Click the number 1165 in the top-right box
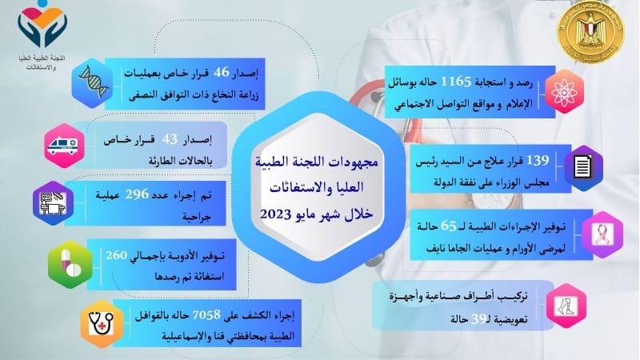pyautogui.click(x=455, y=82)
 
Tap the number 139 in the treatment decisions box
pyautogui.click(x=538, y=161)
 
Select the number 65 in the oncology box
pyautogui.click(x=448, y=226)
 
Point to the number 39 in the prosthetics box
pyautogui.click(x=479, y=318)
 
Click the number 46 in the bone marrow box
pyautogui.click(x=222, y=72)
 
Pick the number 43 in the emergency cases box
pyautogui.click(x=170, y=139)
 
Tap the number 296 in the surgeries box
pyautogui.click(x=137, y=194)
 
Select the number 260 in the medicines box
pyautogui.click(x=117, y=255)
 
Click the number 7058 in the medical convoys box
pyautogui.click(x=206, y=314)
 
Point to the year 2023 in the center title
pyautogui.click(x=277, y=214)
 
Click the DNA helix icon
pyautogui.click(x=94, y=83)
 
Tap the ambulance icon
pyautogui.click(x=62, y=146)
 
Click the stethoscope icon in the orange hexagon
pyautogui.click(x=101, y=324)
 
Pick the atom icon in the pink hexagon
pyautogui.click(x=565, y=92)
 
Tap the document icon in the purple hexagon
pyautogui.click(x=582, y=167)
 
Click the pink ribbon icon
pyautogui.click(x=602, y=234)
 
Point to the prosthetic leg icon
pyautogui.click(x=566, y=306)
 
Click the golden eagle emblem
pyautogui.click(x=590, y=33)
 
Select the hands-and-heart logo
pyautogui.click(x=42, y=26)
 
